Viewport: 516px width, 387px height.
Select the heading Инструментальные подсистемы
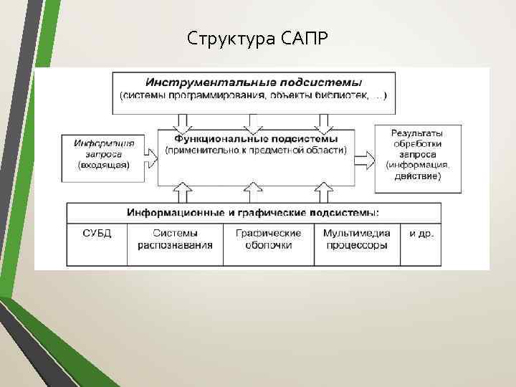point(254,82)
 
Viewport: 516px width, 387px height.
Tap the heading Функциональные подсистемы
point(255,138)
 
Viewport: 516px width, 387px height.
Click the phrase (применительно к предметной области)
point(255,150)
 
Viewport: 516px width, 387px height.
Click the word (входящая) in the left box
point(103,164)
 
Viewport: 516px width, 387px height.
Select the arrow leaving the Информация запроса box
point(152,154)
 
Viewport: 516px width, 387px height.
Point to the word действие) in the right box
point(416,176)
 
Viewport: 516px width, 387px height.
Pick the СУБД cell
point(97,233)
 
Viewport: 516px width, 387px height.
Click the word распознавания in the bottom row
point(175,245)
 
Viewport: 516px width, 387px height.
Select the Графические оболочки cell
point(268,239)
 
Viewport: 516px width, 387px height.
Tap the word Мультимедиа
point(356,233)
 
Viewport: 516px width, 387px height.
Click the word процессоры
point(356,245)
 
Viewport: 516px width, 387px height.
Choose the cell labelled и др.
point(421,233)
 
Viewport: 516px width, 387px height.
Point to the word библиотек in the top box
point(336,96)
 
